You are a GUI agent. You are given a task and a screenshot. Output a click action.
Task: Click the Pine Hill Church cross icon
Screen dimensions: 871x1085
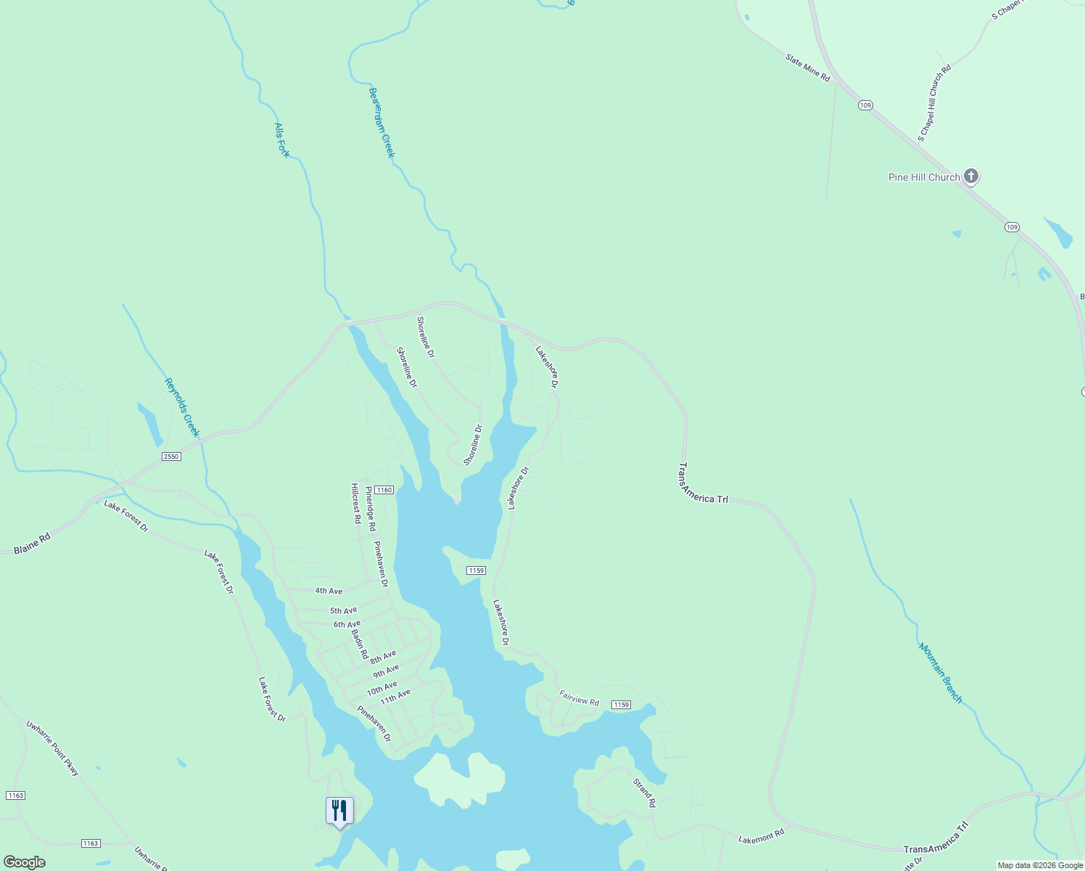click(971, 176)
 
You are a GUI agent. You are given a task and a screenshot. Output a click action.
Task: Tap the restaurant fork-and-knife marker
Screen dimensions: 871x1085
click(339, 810)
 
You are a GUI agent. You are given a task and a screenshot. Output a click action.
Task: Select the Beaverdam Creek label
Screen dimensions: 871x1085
click(381, 123)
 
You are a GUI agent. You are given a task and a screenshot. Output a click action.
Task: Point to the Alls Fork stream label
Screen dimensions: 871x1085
click(282, 140)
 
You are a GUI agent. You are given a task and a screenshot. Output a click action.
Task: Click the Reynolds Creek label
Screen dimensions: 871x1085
click(181, 407)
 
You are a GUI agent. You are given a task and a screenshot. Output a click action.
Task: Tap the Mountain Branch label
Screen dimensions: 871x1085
click(941, 673)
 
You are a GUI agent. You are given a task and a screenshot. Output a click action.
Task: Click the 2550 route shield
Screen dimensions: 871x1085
click(171, 457)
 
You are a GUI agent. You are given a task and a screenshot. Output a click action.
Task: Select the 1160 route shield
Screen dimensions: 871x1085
click(384, 490)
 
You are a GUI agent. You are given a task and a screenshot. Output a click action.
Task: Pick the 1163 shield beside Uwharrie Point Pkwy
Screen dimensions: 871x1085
click(15, 796)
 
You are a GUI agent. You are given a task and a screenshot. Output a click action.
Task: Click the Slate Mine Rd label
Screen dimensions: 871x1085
click(808, 67)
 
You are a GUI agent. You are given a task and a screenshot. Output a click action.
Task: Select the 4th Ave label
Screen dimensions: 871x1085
click(329, 591)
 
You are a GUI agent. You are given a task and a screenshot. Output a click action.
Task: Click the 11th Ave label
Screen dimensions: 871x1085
click(395, 697)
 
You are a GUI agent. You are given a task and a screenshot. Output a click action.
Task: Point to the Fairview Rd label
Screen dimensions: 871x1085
click(579, 698)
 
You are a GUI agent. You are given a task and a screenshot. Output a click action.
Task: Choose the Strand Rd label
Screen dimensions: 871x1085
click(644, 793)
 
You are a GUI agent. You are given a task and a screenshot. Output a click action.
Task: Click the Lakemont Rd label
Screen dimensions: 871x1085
click(762, 836)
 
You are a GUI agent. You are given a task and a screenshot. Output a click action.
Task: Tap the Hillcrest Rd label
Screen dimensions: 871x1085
click(356, 504)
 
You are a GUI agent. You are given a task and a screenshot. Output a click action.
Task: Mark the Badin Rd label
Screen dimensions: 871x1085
click(360, 644)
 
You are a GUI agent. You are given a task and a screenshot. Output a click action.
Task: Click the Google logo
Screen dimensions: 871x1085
click(24, 862)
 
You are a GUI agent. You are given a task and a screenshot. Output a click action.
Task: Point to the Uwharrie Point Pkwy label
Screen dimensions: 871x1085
click(52, 748)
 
